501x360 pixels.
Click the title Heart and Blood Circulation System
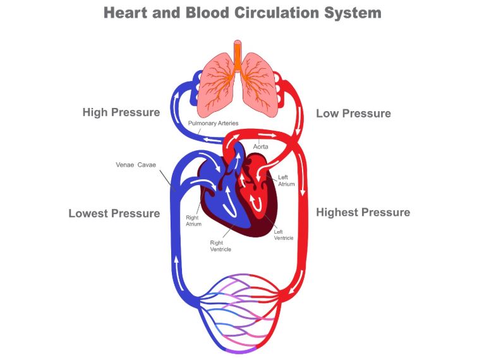point(242,12)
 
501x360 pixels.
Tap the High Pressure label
point(121,112)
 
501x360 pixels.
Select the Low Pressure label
point(353,114)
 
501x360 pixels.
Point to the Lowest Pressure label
point(114,213)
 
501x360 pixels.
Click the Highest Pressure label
point(363,212)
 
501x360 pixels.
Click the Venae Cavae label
point(135,165)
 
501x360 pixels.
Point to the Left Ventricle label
point(282,234)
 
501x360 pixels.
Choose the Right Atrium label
point(193,221)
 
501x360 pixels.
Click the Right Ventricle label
point(220,246)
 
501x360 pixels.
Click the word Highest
point(339,212)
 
